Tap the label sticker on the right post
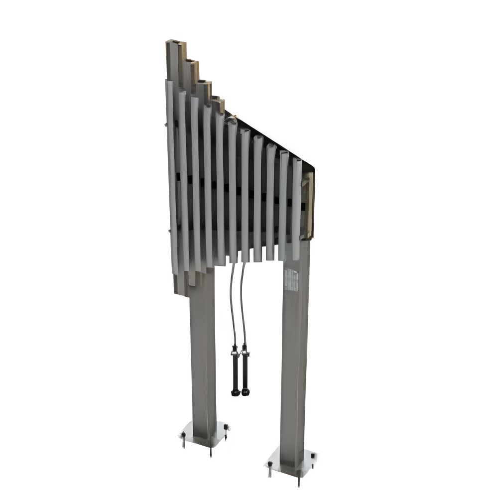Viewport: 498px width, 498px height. tap(291, 280)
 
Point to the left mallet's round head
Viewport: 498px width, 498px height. tap(235, 392)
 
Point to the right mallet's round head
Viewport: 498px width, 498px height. tap(245, 392)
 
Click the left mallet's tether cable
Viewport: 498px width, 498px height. tap(232, 304)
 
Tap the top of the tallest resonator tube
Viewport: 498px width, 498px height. tap(173, 42)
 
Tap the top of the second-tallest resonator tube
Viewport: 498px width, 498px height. tap(191, 63)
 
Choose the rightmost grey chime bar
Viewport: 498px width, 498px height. tap(296, 209)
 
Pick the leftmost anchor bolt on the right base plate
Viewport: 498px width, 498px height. tap(270, 468)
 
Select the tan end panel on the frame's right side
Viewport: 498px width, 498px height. tap(309, 204)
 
